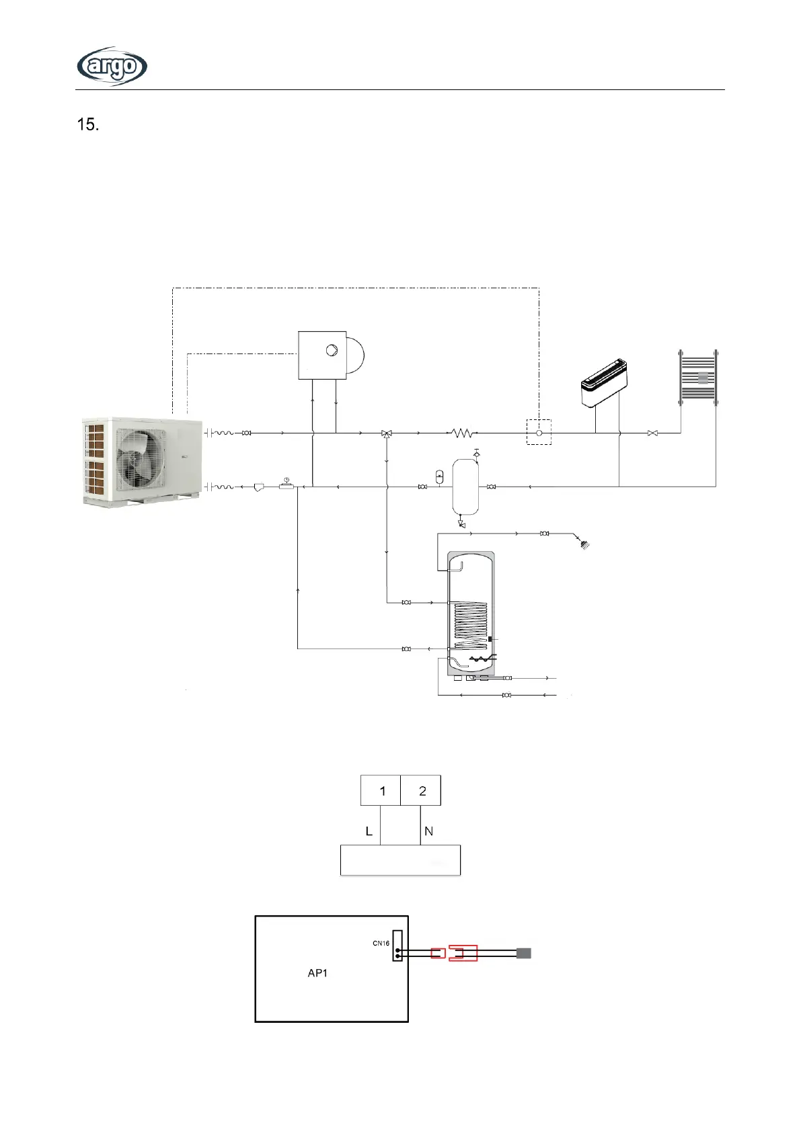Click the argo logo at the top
(112, 66)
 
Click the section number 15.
(88, 124)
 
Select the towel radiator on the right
(698, 378)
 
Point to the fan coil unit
(604, 383)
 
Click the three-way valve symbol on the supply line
(387, 434)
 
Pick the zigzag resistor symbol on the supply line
(462, 433)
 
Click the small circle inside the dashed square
(539, 433)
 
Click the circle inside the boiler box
(332, 350)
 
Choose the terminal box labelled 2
(421, 790)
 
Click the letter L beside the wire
(369, 831)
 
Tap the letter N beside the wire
(429, 831)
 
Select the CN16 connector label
(381, 943)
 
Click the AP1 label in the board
(317, 972)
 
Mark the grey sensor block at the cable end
(524, 953)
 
